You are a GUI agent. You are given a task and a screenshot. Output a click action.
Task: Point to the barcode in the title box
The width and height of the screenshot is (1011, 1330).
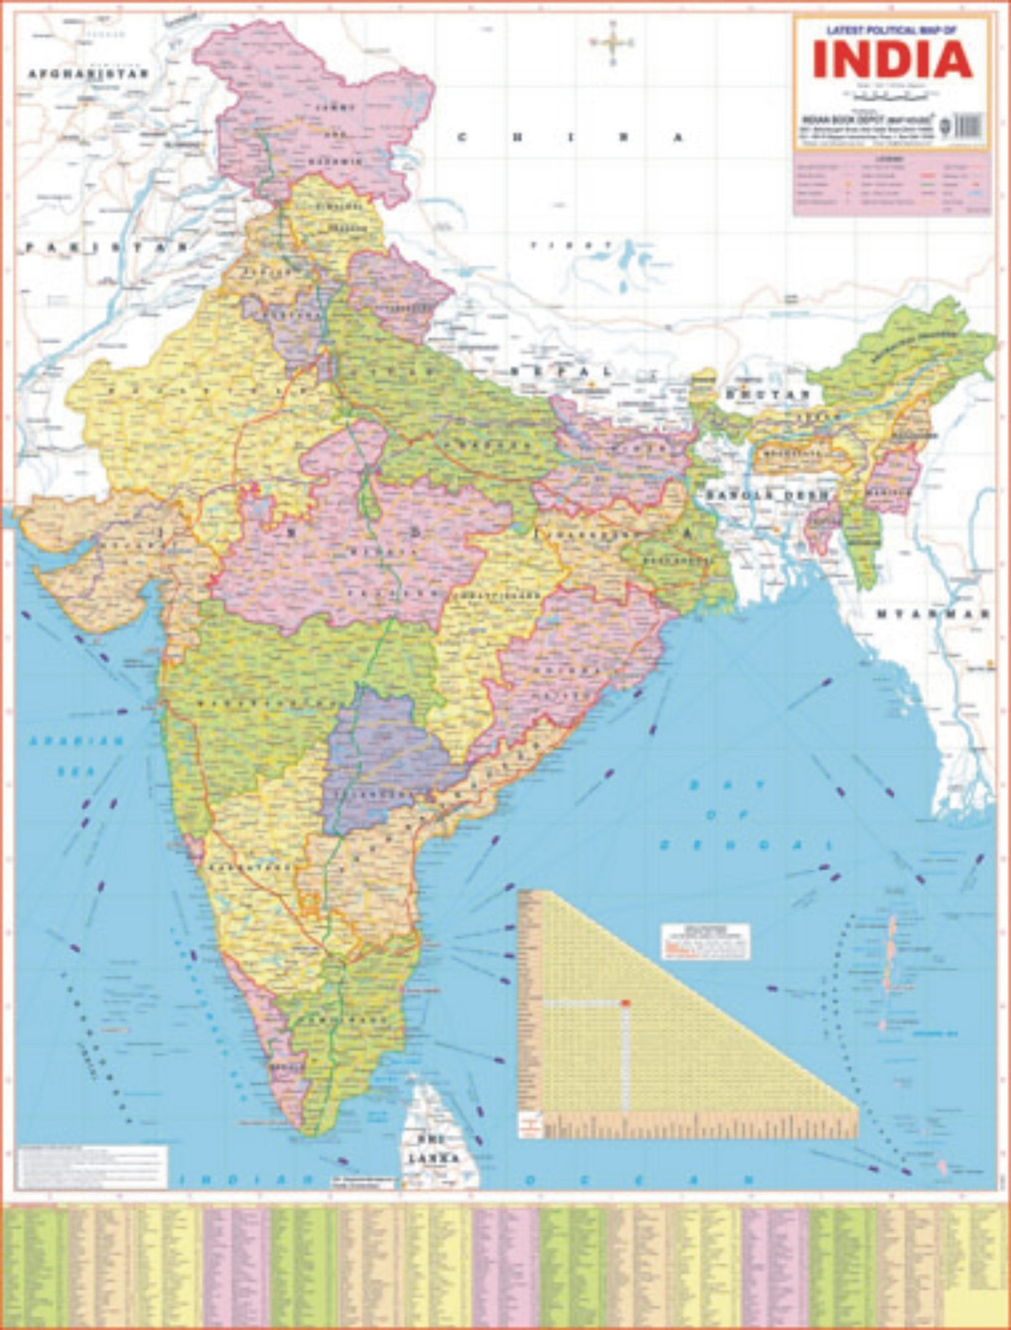(x=968, y=126)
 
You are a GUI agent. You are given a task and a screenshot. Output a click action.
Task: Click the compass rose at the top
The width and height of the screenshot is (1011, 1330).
(x=611, y=43)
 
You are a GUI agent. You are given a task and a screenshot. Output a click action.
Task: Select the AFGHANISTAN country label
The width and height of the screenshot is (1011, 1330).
(x=88, y=74)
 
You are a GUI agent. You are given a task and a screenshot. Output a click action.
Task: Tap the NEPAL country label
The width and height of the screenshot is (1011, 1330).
(x=561, y=371)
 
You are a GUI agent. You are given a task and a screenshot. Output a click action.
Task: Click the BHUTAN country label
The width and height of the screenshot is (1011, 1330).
(x=768, y=393)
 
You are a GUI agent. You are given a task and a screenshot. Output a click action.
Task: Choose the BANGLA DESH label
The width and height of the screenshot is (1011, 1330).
(x=765, y=495)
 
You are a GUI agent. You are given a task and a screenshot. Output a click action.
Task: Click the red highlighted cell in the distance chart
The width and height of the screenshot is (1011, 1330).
(x=625, y=1001)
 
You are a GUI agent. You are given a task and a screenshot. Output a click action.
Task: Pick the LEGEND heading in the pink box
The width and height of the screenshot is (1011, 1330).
(x=892, y=160)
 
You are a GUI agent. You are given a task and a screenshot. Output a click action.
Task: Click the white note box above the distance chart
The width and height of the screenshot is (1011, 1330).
(x=705, y=941)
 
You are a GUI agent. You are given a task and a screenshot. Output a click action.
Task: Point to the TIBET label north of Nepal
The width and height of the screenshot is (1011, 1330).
(x=558, y=246)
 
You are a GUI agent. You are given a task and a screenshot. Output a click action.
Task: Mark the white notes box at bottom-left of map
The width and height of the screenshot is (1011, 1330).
(x=93, y=1167)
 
